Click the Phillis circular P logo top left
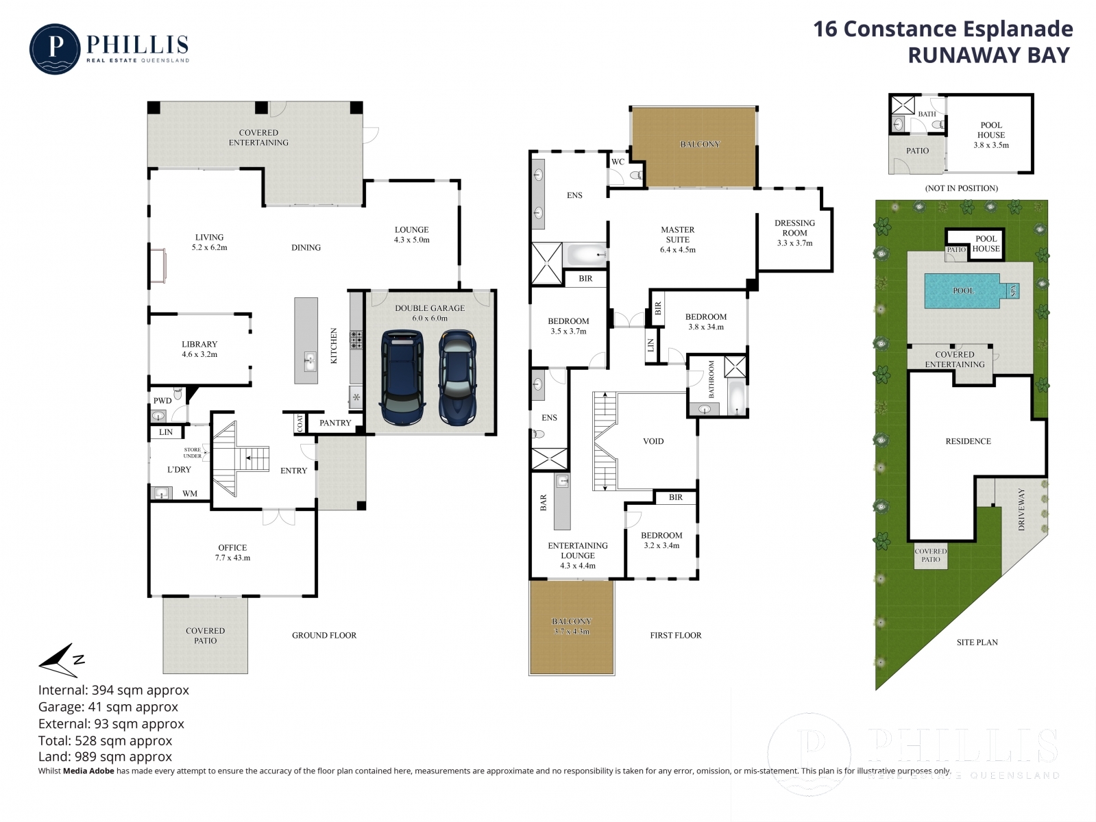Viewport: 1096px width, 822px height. (x=55, y=49)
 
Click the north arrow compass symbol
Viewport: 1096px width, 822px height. (x=61, y=660)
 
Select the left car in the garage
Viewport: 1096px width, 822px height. (x=402, y=377)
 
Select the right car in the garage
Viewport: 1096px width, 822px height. (x=457, y=377)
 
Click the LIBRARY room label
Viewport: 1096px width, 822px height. (x=199, y=344)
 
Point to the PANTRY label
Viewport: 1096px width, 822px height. (x=335, y=423)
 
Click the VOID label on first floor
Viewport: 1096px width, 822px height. (x=653, y=441)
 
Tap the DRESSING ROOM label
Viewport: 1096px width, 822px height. (x=794, y=228)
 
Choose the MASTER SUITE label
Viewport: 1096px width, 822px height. (x=678, y=234)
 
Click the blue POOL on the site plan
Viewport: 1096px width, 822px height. (x=962, y=291)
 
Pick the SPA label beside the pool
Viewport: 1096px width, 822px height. (x=1013, y=290)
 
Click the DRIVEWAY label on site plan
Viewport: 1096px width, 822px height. (x=1021, y=509)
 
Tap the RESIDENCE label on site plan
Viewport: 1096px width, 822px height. (x=968, y=441)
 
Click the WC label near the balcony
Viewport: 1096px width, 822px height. (x=618, y=162)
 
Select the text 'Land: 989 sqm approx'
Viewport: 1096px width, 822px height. (x=105, y=757)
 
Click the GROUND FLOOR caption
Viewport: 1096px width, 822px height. (x=324, y=635)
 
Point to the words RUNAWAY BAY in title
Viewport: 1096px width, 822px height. (x=988, y=55)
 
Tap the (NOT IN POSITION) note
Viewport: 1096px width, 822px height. (x=961, y=188)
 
